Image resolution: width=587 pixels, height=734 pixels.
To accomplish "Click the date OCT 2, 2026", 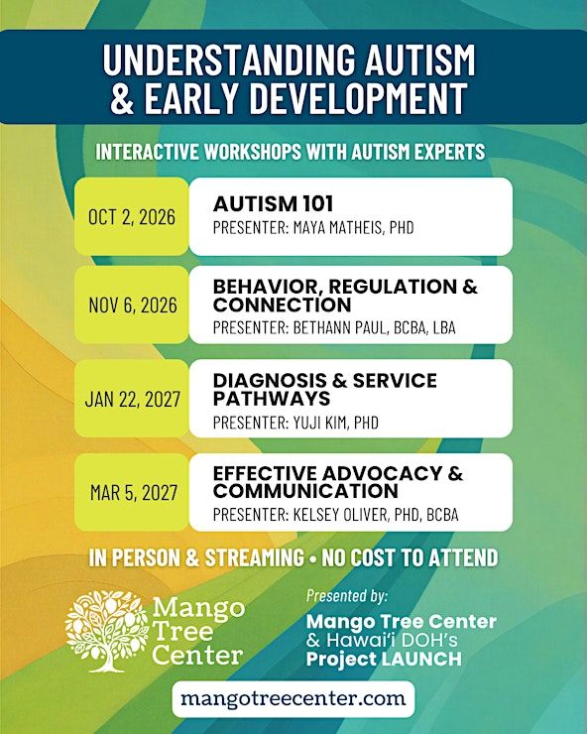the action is [132, 217].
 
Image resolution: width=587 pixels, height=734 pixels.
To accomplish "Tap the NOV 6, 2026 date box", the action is [132, 306].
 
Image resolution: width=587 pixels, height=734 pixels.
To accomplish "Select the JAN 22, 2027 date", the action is [133, 400].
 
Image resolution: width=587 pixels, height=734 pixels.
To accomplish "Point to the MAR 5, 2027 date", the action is [134, 492].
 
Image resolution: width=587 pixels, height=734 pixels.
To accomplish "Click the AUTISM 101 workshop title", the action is [273, 203].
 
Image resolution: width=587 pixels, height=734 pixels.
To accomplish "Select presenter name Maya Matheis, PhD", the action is [353, 227].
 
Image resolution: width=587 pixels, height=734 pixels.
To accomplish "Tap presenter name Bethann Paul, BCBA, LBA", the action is [374, 327].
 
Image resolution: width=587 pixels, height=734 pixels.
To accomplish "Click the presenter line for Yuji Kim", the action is [295, 423].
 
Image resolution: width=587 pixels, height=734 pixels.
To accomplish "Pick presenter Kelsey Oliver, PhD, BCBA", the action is [376, 515].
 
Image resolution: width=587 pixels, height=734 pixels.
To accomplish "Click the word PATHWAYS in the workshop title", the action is [272, 399].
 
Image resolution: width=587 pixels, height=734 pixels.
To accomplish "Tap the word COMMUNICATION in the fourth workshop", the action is [305, 491].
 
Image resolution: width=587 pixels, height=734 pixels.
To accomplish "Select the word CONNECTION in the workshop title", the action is [282, 305].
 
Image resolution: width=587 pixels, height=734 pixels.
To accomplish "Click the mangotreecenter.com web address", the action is [293, 699].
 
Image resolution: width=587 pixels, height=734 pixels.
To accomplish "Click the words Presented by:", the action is [347, 595].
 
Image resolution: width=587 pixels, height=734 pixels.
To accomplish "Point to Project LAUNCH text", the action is [384, 659].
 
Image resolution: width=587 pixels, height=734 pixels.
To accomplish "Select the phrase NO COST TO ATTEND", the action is [410, 557].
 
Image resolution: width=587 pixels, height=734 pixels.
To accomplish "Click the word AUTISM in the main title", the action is [419, 60].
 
